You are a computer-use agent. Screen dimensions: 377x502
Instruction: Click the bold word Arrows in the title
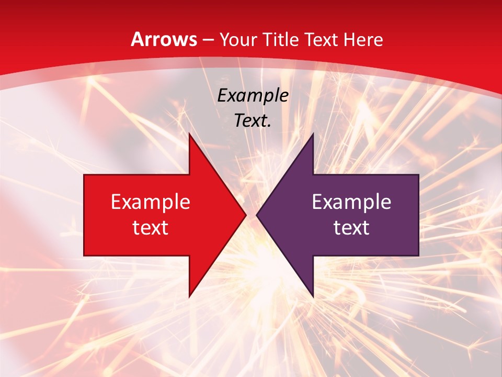(164, 39)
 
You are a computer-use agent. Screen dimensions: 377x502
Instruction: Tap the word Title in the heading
(281, 39)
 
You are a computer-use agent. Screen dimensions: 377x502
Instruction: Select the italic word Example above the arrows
(253, 95)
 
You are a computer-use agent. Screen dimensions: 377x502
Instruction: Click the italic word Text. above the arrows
(253, 120)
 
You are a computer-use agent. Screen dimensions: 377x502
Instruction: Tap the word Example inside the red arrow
(151, 202)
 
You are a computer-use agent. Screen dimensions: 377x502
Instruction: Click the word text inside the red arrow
(151, 227)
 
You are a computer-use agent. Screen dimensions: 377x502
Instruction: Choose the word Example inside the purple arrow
(351, 202)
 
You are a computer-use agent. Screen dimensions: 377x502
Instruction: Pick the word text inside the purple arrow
(351, 227)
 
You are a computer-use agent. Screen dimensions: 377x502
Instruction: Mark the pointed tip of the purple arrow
(257, 215)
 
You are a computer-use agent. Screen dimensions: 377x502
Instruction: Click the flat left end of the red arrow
(85, 215)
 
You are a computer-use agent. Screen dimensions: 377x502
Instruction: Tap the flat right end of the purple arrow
(418, 215)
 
